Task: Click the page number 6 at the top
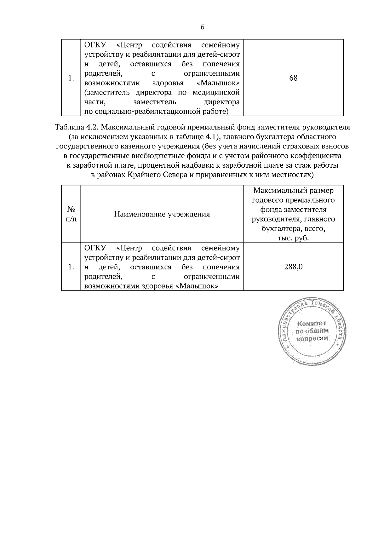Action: (x=202, y=27)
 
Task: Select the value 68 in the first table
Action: (x=293, y=78)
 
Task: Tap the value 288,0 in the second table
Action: (x=293, y=267)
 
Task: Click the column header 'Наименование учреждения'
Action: (x=162, y=215)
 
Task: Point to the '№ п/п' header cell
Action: (x=71, y=214)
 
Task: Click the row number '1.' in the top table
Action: (x=71, y=78)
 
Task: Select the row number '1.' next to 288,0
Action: (x=71, y=267)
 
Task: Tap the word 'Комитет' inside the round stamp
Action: (x=312, y=323)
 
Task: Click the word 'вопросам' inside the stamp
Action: (x=312, y=338)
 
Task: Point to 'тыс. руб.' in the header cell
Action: (x=293, y=238)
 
